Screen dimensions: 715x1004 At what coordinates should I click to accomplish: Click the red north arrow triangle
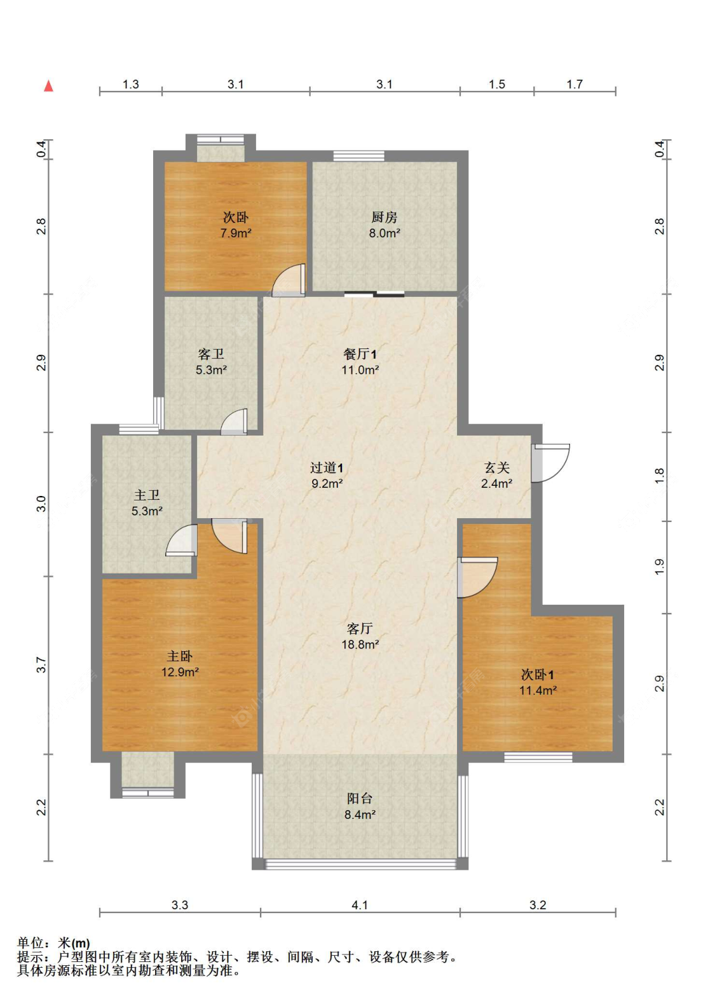coord(48,86)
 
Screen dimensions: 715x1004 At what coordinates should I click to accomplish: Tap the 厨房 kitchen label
coord(385,217)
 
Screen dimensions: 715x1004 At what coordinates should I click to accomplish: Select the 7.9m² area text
coord(236,233)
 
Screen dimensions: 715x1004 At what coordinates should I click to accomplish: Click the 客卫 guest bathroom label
coord(211,354)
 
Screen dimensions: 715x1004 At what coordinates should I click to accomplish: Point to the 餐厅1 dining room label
coord(360,354)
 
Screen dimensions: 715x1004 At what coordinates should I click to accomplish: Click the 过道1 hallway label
coord(327,468)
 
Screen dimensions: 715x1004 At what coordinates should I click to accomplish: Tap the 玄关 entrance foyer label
coord(497,468)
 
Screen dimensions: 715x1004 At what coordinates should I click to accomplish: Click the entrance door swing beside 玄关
coord(550,463)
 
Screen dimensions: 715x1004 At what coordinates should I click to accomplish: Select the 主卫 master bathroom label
coord(147,495)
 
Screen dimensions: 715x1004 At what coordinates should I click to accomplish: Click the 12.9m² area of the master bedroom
coord(180,672)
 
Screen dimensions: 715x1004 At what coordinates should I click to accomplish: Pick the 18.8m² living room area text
coord(360,645)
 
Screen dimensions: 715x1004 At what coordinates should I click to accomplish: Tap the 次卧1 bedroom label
coord(538,675)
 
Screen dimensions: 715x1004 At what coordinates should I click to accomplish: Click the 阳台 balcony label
coord(360,798)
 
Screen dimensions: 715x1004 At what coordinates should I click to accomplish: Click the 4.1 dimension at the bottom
coord(360,905)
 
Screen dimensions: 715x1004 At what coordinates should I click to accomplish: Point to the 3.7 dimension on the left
coord(42,664)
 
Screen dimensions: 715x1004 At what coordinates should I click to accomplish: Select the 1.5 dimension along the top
coord(497,85)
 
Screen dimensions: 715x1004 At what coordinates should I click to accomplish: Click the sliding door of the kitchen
coord(374,294)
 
